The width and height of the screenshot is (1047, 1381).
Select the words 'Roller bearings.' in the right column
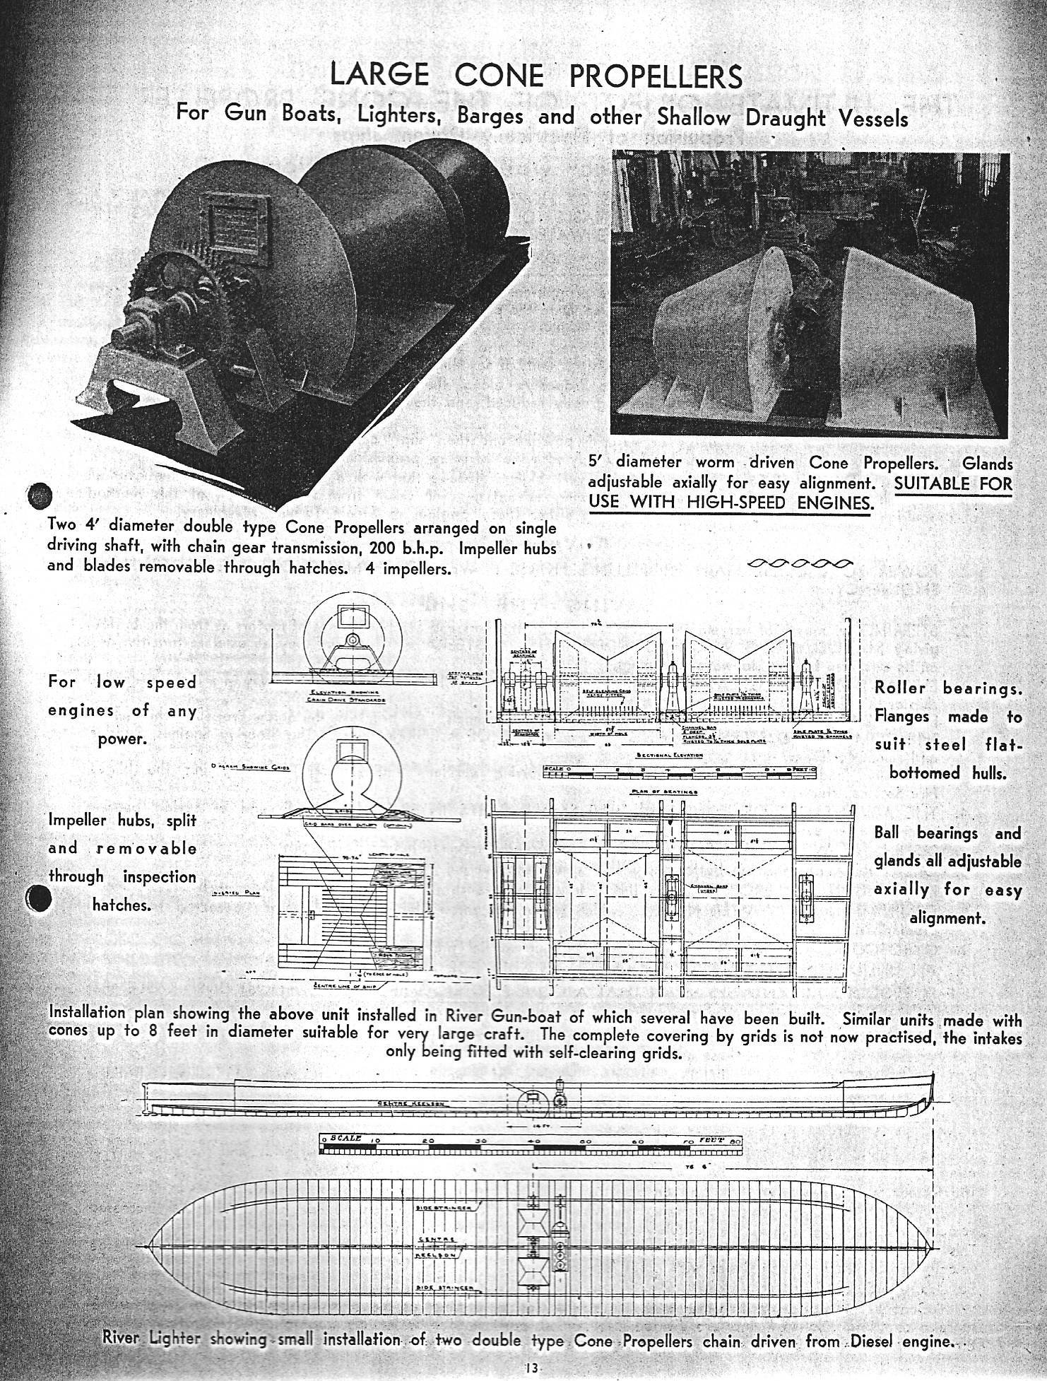tap(947, 687)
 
